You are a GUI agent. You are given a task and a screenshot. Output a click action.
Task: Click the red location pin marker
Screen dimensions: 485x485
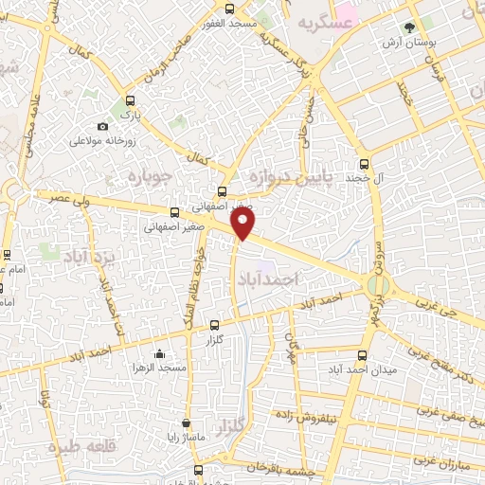click(x=244, y=225)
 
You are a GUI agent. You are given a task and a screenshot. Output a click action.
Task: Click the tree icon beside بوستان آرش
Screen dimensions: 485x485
click(x=408, y=28)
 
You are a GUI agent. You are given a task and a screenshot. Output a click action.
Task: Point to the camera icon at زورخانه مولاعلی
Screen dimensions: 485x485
click(x=103, y=126)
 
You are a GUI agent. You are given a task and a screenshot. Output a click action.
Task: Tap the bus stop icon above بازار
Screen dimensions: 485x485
click(x=130, y=99)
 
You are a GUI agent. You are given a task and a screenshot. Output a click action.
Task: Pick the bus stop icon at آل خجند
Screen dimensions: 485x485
click(x=366, y=163)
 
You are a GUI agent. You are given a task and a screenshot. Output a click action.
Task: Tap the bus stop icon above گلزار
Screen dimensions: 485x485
click(x=214, y=324)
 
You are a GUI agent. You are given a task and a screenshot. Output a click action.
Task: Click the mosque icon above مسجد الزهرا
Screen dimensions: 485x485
click(x=157, y=353)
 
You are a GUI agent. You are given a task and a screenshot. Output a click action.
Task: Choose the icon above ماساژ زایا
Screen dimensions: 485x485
click(x=186, y=424)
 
